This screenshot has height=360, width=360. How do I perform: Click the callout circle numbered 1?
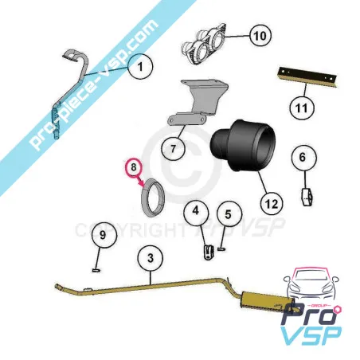click(139, 68)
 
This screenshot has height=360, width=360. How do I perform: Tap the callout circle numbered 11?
click(299, 106)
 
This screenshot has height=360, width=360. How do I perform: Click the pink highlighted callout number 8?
click(134, 168)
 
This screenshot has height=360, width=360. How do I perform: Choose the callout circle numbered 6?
click(301, 158)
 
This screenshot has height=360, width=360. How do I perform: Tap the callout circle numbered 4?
click(196, 212)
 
